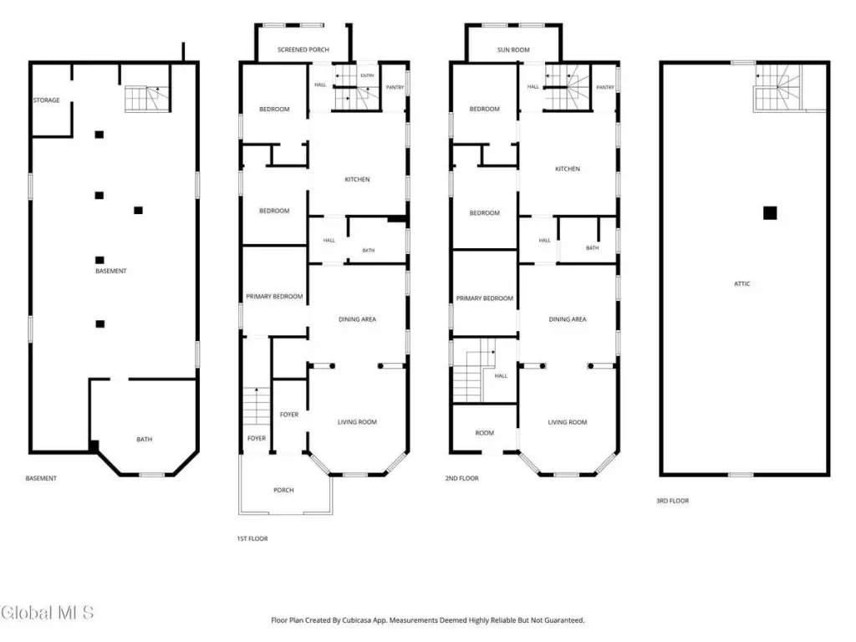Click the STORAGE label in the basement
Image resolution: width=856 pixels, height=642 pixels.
pos(47,100)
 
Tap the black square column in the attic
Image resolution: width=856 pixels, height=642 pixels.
pos(770,213)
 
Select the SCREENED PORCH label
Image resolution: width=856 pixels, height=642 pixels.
pos(303,49)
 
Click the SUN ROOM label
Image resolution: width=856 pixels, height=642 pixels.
pos(513,49)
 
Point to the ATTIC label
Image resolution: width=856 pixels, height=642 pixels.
pos(742,284)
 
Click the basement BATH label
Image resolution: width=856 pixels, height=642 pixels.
pos(144,440)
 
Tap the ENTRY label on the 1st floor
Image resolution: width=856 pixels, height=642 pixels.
pos(368,76)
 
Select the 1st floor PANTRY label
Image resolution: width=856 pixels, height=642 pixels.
pos(395,87)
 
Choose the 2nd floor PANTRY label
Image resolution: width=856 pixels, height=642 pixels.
pos(605,87)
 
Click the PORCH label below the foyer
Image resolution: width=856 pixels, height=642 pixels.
pos(283,490)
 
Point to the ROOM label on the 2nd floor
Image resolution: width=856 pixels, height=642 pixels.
pos(484,433)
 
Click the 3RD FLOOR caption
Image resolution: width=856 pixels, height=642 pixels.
pos(673,501)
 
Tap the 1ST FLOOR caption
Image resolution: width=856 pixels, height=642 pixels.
pos(252,539)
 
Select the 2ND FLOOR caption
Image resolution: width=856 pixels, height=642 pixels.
pos(461,478)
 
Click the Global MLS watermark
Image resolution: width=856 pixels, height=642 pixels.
pos(47,613)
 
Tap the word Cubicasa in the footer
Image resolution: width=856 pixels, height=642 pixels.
pos(356,620)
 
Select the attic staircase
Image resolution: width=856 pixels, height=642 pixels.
pos(778,88)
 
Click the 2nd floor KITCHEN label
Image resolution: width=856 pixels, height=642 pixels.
pos(568,169)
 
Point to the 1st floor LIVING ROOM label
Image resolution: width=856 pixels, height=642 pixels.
pos(357,422)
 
